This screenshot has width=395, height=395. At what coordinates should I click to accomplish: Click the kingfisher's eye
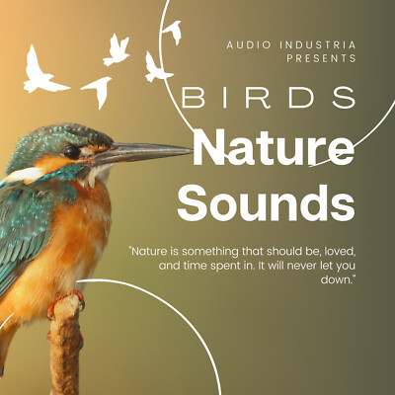(x=71, y=152)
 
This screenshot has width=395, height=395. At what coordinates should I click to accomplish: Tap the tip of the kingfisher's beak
(x=192, y=150)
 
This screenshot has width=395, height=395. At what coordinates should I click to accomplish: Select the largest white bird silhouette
(x=44, y=70)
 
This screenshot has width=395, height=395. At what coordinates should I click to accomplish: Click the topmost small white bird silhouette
(x=173, y=33)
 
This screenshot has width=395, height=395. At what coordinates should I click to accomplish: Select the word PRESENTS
(x=322, y=58)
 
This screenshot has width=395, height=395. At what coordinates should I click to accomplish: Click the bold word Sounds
(x=266, y=203)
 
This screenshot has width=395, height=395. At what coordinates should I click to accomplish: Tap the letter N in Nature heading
(x=210, y=148)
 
